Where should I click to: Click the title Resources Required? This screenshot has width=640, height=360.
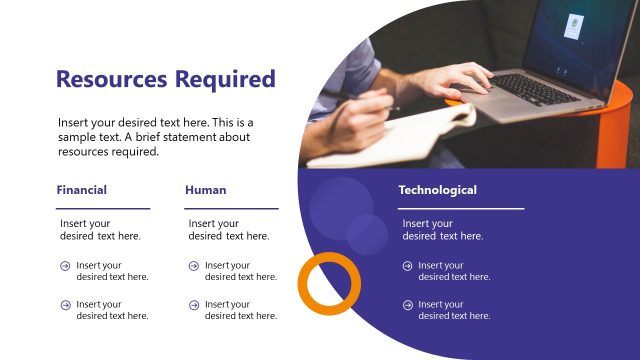pyautogui.click(x=165, y=79)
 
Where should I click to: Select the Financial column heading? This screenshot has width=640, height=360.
pyautogui.click(x=82, y=189)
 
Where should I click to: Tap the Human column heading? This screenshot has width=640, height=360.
pyautogui.click(x=206, y=189)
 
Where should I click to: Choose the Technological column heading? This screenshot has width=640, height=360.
pyautogui.click(x=437, y=189)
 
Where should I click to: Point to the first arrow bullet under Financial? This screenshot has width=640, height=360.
pyautogui.click(x=65, y=266)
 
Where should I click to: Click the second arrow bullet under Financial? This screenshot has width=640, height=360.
pyautogui.click(x=65, y=304)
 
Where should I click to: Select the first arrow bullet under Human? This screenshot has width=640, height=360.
pyautogui.click(x=193, y=266)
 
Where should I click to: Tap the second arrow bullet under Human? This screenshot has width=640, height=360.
pyautogui.click(x=193, y=304)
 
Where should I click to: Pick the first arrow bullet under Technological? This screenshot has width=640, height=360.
pyautogui.click(x=407, y=266)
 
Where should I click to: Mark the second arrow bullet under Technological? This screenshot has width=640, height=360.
pyautogui.click(x=407, y=304)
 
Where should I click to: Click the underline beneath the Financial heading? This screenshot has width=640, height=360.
pyautogui.click(x=103, y=208)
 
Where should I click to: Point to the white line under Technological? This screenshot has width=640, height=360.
pyautogui.click(x=461, y=208)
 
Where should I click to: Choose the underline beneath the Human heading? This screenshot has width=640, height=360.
pyautogui.click(x=231, y=208)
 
